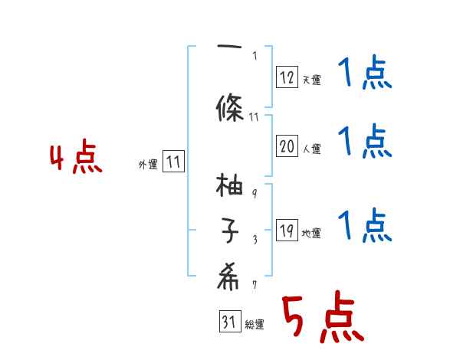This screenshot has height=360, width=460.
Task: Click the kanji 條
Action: tap(230, 106)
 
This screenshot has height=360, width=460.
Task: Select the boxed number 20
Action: tap(287, 146)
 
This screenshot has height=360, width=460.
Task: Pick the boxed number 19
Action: tap(287, 231)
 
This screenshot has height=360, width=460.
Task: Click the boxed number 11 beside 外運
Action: tap(173, 162)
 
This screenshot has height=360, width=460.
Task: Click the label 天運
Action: tap(311, 80)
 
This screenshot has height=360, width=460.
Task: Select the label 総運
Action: tap(255, 325)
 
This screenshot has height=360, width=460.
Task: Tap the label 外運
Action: tap(147, 164)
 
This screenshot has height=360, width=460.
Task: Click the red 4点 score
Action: tap(75, 159)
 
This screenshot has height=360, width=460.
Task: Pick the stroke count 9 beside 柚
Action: tap(255, 192)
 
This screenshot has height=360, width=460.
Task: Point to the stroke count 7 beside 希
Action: tap(255, 284)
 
